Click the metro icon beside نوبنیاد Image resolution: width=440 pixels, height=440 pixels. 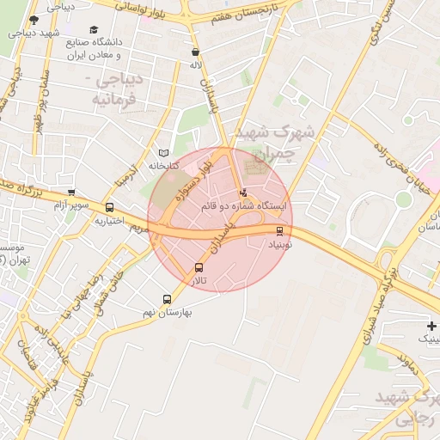(280, 230)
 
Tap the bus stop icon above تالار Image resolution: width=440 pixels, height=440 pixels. (199, 267)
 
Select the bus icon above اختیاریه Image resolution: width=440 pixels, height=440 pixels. (109, 207)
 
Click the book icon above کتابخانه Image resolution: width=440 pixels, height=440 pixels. (163, 152)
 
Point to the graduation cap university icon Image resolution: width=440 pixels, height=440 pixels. (94, 29)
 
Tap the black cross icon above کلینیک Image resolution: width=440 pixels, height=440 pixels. (431, 326)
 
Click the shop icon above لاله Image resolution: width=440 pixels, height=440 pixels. (196, 52)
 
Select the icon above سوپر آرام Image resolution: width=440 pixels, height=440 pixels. (71, 192)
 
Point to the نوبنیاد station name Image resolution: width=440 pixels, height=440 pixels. (280, 245)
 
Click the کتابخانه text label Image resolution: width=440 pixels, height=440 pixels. (163, 165)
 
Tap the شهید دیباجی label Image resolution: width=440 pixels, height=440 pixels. (34, 34)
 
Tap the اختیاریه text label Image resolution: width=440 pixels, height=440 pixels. (112, 221)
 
